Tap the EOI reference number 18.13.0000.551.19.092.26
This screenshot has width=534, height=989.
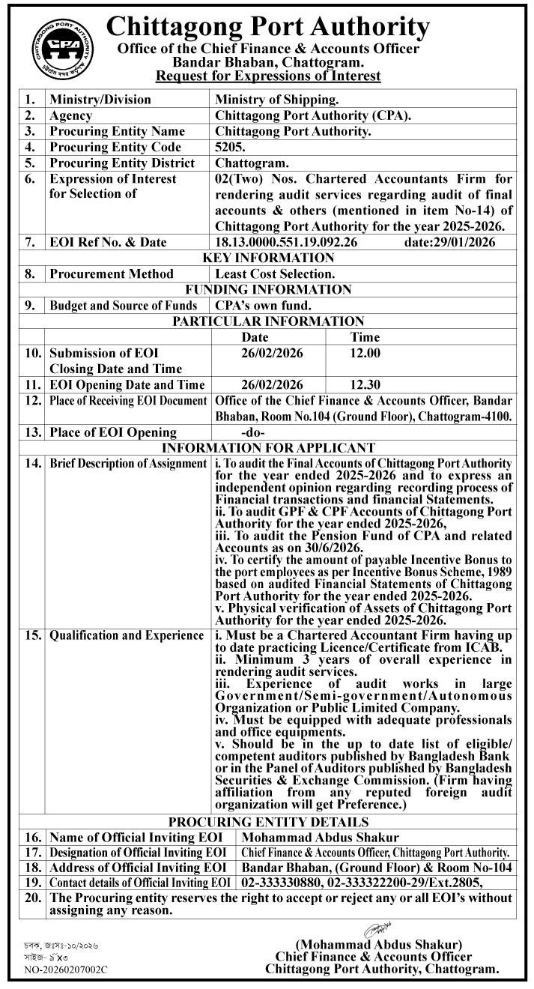(286, 242)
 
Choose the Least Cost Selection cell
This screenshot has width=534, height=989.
(275, 273)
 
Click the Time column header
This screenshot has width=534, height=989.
(365, 337)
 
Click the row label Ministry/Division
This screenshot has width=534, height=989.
(100, 99)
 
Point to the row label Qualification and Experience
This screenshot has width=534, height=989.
(127, 635)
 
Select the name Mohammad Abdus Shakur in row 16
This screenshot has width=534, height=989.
(321, 837)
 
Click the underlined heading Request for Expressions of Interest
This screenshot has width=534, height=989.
(267, 76)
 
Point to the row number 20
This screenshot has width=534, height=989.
(32, 898)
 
